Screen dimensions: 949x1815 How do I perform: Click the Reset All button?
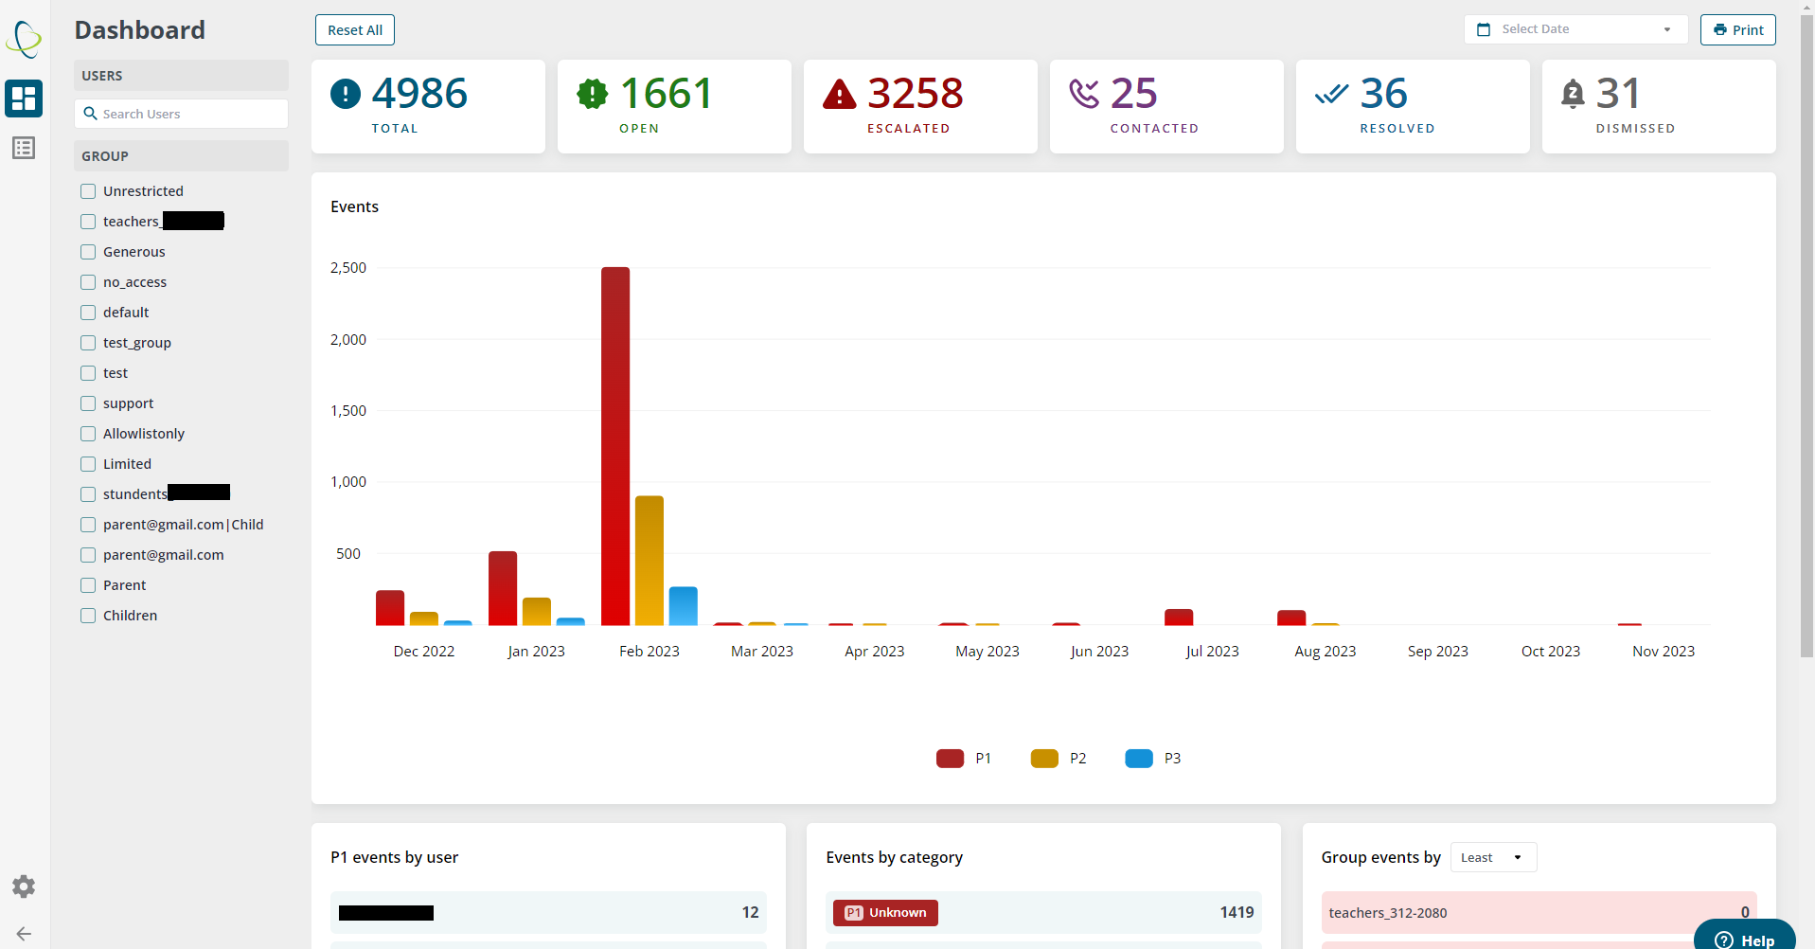point(355,30)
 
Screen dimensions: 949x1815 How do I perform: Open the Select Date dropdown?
point(1575,29)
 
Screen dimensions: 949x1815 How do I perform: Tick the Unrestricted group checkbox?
point(88,191)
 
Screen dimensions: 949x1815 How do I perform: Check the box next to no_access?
point(88,282)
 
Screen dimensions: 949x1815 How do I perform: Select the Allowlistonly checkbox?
point(88,434)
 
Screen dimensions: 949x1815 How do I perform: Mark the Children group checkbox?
point(88,616)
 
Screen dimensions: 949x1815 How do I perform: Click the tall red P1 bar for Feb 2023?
point(615,445)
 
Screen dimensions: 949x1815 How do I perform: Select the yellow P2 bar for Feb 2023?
point(649,561)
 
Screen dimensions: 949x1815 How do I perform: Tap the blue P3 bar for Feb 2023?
point(683,606)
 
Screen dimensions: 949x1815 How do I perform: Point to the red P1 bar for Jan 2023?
point(503,588)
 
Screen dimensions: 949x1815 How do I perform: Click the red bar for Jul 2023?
point(1179,618)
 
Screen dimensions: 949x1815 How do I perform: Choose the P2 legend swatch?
point(1044,759)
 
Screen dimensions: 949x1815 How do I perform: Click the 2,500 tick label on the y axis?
point(348,268)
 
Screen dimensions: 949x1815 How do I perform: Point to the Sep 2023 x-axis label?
point(1437,652)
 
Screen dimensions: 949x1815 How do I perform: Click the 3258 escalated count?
point(915,94)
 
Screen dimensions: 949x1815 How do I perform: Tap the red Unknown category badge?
point(885,913)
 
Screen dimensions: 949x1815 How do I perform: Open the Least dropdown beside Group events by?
point(1493,857)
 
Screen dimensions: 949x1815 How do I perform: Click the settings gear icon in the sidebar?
point(24,886)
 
